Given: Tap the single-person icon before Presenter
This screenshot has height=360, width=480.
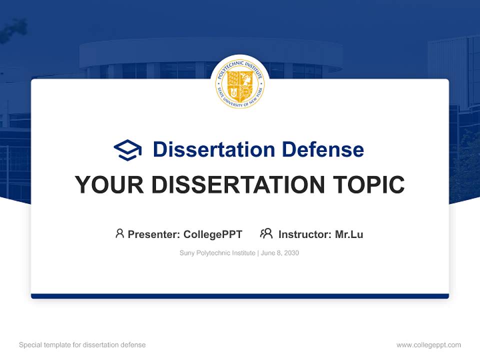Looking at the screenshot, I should (119, 233).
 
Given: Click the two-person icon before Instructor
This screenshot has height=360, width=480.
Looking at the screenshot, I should (266, 233).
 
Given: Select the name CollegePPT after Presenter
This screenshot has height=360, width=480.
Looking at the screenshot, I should (212, 234).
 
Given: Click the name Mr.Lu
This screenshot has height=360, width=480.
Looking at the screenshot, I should (349, 234).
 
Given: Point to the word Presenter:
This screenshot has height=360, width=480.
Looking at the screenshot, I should (154, 234).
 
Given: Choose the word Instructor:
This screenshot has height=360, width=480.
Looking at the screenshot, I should (305, 234).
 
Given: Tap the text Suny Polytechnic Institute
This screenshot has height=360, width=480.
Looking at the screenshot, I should (217, 253).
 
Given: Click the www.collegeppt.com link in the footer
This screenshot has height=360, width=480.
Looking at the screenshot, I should (428, 345).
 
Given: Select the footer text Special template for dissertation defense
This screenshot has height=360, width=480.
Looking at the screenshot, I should (82, 345).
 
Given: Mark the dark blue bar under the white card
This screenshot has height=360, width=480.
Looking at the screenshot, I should (240, 296).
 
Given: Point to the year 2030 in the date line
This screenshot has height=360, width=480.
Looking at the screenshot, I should (291, 253).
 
